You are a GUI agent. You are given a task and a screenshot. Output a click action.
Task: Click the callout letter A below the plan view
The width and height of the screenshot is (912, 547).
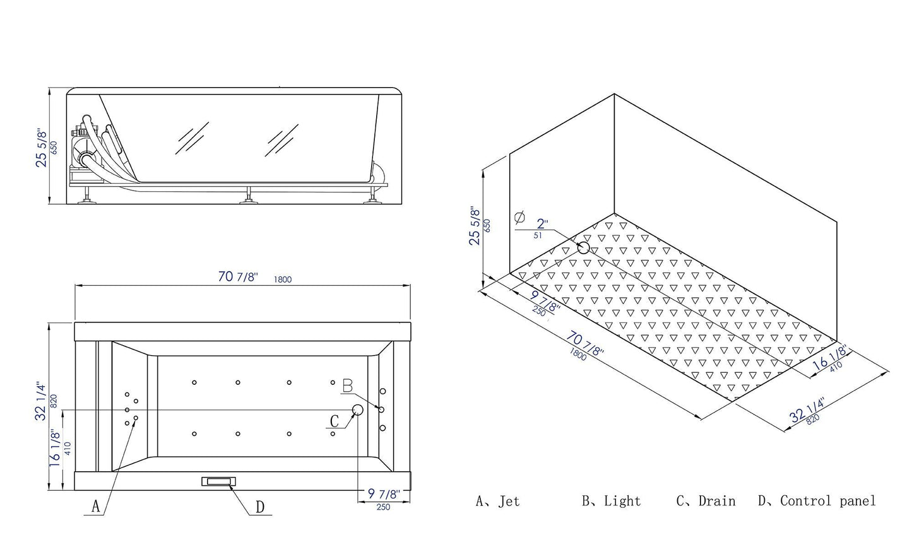pyautogui.click(x=96, y=506)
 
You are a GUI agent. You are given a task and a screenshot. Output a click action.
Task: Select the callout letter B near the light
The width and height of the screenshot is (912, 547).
pyautogui.click(x=348, y=385)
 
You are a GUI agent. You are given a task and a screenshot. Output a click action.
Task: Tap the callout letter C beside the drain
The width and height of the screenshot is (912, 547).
pyautogui.click(x=335, y=421)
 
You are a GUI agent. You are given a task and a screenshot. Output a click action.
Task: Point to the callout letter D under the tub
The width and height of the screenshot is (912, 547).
pyautogui.click(x=260, y=507)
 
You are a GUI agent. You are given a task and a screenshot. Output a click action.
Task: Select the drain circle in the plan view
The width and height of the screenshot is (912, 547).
pyautogui.click(x=357, y=410)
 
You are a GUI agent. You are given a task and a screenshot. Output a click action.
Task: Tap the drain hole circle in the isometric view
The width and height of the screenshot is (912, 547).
pyautogui.click(x=583, y=247)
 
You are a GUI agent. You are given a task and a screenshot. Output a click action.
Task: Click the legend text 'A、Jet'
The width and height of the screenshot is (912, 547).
pyautogui.click(x=497, y=502)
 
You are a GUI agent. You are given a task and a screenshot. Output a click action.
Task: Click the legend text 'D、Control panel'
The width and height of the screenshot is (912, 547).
pyautogui.click(x=817, y=502)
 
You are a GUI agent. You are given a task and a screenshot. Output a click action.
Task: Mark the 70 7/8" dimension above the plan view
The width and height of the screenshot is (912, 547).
pyautogui.click(x=238, y=278)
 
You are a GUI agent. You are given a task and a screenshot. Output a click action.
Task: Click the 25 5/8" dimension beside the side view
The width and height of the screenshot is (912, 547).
pyautogui.click(x=42, y=148)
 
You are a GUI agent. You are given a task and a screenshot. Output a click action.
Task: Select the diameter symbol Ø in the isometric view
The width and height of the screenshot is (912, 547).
pyautogui.click(x=519, y=218)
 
